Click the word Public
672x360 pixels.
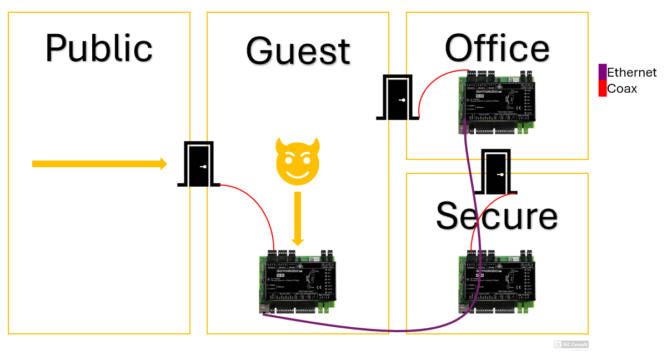click(99, 48)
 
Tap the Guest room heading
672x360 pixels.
click(298, 51)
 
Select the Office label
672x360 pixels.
click(497, 48)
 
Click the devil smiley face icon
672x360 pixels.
click(299, 162)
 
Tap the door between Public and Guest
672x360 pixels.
click(198, 164)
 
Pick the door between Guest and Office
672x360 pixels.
click(397, 98)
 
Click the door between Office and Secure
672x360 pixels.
click(496, 172)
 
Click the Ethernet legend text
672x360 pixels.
click(631, 73)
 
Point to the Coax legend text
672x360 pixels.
click(622, 89)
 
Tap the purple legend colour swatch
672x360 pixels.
click(602, 72)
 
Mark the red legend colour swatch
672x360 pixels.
click(602, 88)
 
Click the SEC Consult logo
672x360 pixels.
click(571, 345)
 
